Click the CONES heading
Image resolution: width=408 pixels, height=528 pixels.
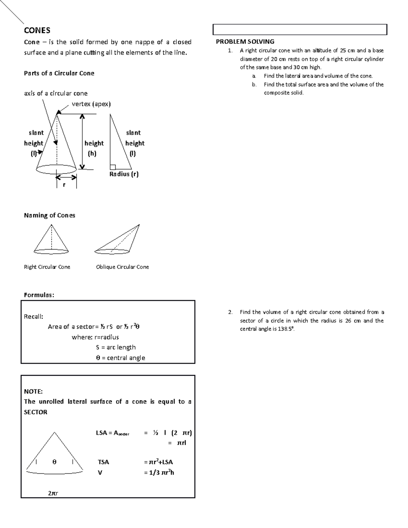coord(37,31)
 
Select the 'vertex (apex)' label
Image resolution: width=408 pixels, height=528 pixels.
coord(91,104)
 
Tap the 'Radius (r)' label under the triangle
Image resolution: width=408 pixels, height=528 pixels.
coord(124,174)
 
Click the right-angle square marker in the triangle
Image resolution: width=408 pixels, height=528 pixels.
coord(113,167)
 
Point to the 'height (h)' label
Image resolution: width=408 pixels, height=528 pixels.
coord(93,148)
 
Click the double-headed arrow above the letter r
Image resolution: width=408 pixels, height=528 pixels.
coord(66,177)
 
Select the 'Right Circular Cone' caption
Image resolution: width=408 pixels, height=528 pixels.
coord(47,267)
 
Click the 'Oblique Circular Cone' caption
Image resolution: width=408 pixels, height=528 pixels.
coord(122,267)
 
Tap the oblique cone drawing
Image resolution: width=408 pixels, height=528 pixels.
coord(117,240)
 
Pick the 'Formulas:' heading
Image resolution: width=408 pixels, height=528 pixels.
coord(39,295)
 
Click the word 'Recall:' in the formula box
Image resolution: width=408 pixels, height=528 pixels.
coord(33,317)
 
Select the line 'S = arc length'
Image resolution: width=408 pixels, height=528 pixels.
coord(116,347)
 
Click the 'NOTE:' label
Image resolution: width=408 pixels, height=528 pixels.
coord(33,391)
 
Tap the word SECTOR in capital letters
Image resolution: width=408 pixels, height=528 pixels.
coord(36,412)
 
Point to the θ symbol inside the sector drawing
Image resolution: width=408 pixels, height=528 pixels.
coord(54,462)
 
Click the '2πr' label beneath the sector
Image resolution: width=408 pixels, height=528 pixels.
coord(53,493)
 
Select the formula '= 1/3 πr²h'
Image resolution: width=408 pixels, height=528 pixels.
coord(159,472)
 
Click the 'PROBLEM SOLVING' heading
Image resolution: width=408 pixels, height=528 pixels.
coord(245,41)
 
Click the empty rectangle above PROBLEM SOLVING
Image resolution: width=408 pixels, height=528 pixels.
coord(300,30)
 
